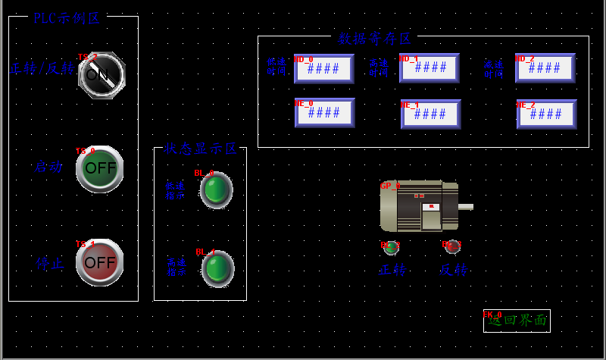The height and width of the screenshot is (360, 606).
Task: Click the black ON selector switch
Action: [102, 74]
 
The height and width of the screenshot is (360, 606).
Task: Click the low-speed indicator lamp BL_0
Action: [216, 190]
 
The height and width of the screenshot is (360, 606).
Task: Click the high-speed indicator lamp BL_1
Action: [217, 268]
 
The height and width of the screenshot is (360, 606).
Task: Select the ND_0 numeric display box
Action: [324, 68]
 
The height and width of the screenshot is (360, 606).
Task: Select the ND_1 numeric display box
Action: [430, 68]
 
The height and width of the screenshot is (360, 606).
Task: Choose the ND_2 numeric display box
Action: [545, 68]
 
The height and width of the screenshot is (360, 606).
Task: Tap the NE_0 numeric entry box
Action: [324, 113]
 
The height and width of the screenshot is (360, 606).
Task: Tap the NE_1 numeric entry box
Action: [430, 114]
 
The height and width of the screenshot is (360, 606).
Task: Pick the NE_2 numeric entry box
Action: [546, 114]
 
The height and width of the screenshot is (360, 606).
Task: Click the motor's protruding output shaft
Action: [466, 206]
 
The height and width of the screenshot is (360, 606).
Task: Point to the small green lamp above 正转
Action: [392, 247]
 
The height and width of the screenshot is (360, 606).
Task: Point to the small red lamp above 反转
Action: [453, 246]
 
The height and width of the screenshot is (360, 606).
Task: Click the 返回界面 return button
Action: [517, 321]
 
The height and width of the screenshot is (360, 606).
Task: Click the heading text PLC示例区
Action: [67, 18]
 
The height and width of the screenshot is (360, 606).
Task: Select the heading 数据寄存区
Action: [374, 38]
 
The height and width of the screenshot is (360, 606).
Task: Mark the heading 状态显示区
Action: [201, 149]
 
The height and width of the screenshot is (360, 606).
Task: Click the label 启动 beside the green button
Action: [48, 167]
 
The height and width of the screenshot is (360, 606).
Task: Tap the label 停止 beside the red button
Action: [50, 264]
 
